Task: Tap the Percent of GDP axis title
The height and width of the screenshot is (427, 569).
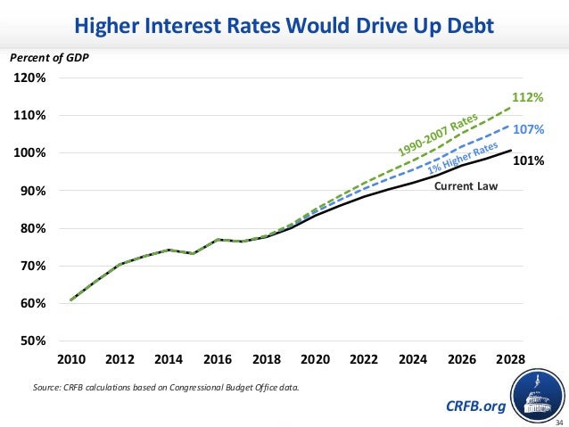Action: click(x=50, y=58)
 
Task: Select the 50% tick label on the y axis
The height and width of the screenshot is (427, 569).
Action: click(x=35, y=341)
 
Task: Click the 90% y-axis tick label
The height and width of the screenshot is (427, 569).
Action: click(x=35, y=192)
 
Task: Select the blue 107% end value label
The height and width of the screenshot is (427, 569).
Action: click(x=529, y=129)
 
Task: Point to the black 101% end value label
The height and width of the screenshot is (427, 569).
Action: click(x=529, y=162)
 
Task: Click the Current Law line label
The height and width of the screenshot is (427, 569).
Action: click(x=466, y=186)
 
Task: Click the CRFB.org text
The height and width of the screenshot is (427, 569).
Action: click(x=475, y=406)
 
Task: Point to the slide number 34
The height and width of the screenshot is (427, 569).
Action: click(x=559, y=422)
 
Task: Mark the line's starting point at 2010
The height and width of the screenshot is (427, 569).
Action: click(x=70, y=300)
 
